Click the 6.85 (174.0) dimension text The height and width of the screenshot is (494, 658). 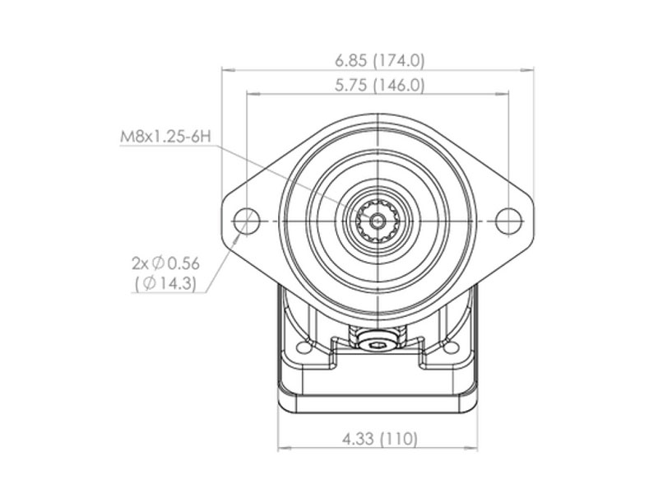[380, 60]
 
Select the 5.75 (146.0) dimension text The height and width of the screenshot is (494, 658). [380, 86]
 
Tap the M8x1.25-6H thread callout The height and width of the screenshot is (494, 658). [165, 137]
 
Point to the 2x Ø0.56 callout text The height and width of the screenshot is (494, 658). [166, 263]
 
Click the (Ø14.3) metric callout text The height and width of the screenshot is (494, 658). [166, 283]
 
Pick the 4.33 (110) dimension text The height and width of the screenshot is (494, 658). [380, 439]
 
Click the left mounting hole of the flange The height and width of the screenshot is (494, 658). [246, 221]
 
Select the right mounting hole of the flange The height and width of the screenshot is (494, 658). [508, 221]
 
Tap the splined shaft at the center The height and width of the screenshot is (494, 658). [378, 221]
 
